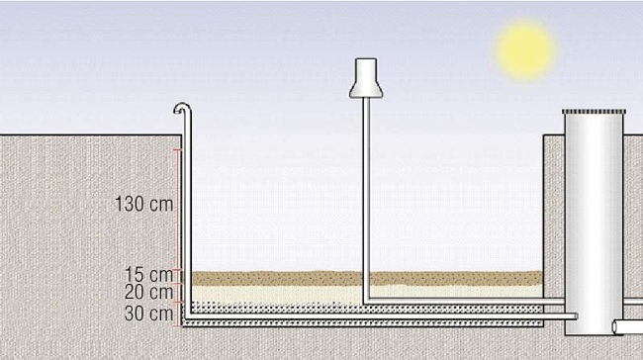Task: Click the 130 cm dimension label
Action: (x=144, y=204)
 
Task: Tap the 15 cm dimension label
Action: (x=148, y=274)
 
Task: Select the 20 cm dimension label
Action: (x=148, y=292)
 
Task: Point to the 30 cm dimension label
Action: (x=148, y=314)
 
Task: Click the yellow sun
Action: (x=525, y=50)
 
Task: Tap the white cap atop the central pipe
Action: (x=366, y=78)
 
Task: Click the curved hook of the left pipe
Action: (x=182, y=108)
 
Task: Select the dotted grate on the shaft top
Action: (x=595, y=112)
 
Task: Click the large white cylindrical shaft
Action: (x=595, y=224)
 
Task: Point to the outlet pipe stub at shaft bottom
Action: (x=627, y=326)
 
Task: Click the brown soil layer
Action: (x=368, y=278)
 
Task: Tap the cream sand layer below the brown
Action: (x=368, y=294)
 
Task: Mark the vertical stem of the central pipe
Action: (x=366, y=199)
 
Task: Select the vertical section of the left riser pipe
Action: (x=187, y=214)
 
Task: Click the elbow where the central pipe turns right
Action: (x=367, y=302)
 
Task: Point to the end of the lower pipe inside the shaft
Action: (x=576, y=316)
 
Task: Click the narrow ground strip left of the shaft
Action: (x=554, y=234)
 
